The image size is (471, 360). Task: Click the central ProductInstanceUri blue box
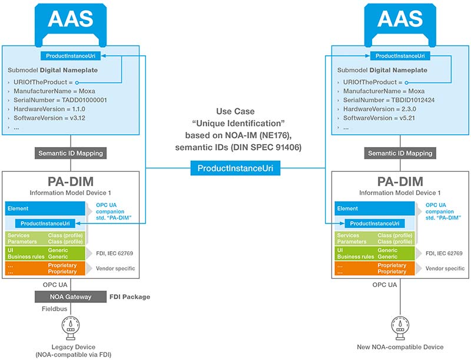pyautogui.click(x=235, y=168)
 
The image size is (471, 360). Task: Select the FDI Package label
pyautogui.click(x=129, y=296)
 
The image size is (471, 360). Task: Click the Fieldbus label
pyautogui.click(x=54, y=308)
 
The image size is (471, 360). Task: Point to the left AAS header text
pyautogui.click(x=71, y=19)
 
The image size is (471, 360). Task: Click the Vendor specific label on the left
pyautogui.click(x=116, y=268)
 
